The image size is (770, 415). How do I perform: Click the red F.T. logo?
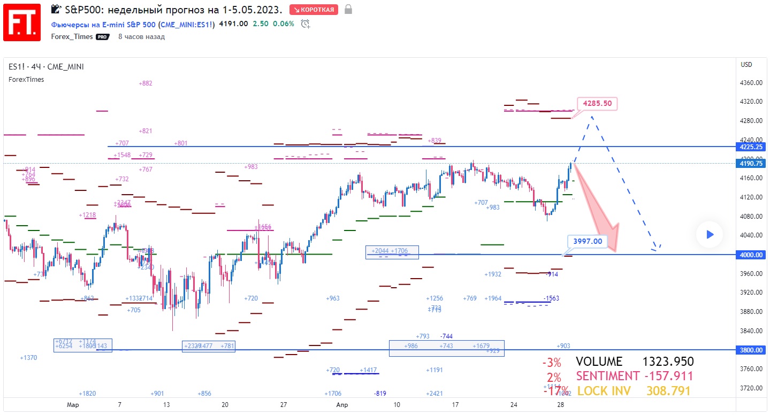pos(22,22)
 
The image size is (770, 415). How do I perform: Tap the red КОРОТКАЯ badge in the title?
pos(314,10)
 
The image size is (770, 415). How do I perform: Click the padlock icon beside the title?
pos(348,10)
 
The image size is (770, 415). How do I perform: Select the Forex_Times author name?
pos(72,37)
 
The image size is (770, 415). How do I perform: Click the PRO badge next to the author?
pos(102,37)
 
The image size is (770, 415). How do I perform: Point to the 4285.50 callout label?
pos(597,103)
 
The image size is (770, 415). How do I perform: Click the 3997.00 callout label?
pos(587,241)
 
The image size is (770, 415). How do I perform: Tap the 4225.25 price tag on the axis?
pos(751,147)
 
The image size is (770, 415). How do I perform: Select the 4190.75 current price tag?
pos(751,164)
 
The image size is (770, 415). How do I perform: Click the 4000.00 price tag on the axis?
pos(751,255)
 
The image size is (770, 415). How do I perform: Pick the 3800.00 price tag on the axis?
pos(751,350)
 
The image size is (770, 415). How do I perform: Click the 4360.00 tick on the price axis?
pos(751,83)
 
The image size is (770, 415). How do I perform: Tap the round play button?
pos(710,234)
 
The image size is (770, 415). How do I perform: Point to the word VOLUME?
pos(599,362)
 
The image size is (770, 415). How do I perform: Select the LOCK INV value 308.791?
pos(668,391)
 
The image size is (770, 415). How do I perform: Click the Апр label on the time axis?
pos(342,405)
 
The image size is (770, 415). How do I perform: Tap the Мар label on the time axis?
pos(73,405)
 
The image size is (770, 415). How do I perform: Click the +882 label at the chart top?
pos(146,83)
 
